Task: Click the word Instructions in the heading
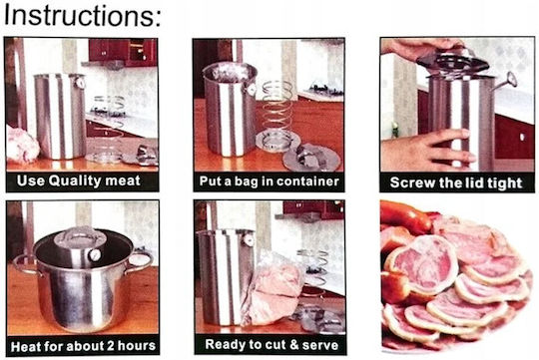coord(80,16)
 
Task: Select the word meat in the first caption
coord(123,180)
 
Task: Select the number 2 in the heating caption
coord(110,346)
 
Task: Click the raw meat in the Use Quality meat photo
coord(21,146)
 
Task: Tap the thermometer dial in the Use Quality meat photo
coord(80,83)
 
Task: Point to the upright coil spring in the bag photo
coord(276,110)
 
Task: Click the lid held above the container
coord(452,61)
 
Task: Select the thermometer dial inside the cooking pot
coord(94,255)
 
